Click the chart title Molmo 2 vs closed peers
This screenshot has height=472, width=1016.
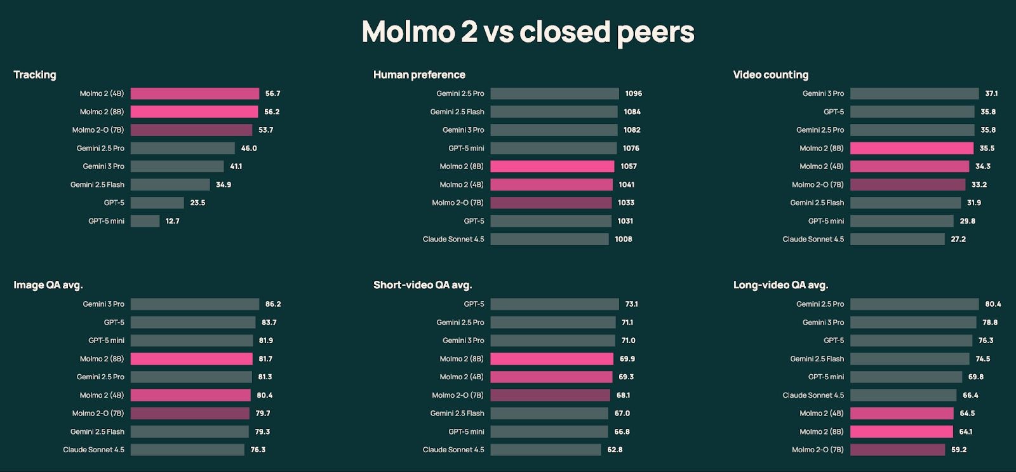(528, 32)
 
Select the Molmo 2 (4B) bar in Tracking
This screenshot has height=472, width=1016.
(195, 93)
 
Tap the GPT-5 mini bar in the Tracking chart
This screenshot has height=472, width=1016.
(145, 221)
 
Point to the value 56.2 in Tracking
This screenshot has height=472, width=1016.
(272, 112)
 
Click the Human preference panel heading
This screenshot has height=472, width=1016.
(419, 75)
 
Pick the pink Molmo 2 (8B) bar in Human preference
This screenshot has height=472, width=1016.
(552, 166)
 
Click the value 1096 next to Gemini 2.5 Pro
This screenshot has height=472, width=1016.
(633, 93)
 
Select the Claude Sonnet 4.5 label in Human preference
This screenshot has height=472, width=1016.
(453, 239)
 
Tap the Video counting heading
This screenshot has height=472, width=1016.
(770, 75)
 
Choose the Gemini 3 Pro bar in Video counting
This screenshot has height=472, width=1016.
(914, 93)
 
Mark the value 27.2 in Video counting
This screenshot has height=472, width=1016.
(958, 239)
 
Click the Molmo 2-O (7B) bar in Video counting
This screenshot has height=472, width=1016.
(907, 185)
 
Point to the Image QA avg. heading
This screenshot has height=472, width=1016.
(48, 285)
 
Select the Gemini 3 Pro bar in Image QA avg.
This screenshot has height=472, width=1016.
(195, 304)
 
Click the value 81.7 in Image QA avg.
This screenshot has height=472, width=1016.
(265, 359)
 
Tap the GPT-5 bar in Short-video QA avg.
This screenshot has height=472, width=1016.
(554, 304)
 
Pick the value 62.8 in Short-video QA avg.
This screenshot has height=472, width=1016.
(615, 450)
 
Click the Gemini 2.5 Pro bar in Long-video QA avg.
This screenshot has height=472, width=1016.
(914, 304)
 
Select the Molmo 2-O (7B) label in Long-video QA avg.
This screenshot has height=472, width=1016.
(817, 450)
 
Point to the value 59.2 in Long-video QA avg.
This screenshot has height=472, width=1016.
(959, 450)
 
